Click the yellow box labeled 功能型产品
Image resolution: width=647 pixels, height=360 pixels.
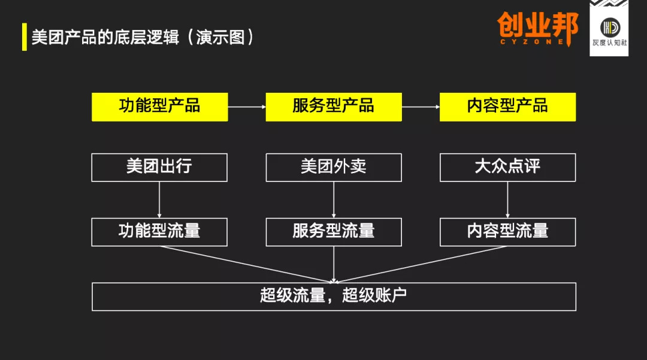click(x=160, y=107)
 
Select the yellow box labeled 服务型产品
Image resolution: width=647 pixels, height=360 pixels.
click(x=334, y=107)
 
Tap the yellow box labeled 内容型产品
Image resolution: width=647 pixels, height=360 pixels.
click(x=507, y=107)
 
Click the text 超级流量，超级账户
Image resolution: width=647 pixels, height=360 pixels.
click(x=334, y=296)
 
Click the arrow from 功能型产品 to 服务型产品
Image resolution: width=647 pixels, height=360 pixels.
click(x=247, y=107)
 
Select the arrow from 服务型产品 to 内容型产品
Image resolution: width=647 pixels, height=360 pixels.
click(x=421, y=107)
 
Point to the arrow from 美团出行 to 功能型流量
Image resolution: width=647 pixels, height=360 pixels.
click(x=159, y=200)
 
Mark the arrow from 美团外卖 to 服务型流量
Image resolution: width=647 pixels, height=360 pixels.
click(x=334, y=200)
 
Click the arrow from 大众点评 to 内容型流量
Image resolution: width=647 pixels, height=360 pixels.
click(x=507, y=200)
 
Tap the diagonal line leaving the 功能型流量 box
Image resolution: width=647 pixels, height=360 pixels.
click(x=247, y=264)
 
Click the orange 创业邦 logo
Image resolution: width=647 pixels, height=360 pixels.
click(x=537, y=28)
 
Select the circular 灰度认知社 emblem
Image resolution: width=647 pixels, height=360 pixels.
click(x=610, y=28)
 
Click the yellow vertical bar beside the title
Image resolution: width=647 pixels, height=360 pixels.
click(x=25, y=37)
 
